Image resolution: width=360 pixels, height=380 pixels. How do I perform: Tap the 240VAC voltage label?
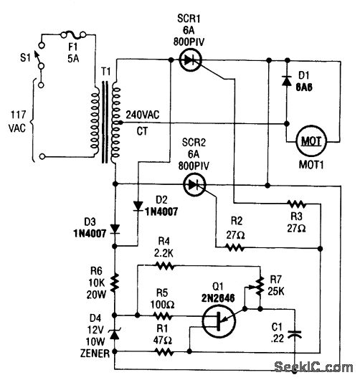[143, 114]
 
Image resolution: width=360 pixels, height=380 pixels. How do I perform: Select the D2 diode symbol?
[138, 206]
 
